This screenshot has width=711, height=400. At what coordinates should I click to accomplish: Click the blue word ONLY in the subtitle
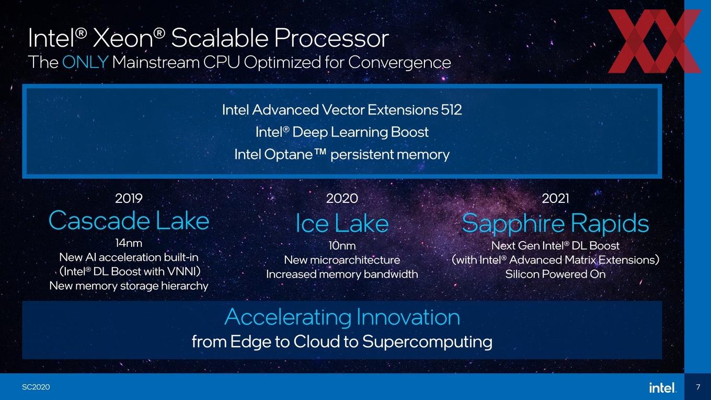pos(85,62)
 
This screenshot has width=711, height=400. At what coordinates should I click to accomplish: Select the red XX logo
pos(655,41)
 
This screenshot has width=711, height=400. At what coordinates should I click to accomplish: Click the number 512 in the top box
pos(451,110)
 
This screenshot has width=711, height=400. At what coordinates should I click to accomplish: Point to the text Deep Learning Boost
pos(360,132)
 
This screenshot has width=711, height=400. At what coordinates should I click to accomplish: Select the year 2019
pos(129,198)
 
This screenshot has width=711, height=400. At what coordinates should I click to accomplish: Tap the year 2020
pos(342,198)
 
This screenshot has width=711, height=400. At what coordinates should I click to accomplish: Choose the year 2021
pos(555,198)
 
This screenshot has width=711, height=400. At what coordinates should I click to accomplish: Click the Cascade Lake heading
pos(129,220)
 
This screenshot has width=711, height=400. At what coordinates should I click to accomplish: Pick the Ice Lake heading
pos(342,223)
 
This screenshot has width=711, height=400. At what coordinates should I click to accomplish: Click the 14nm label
pos(129,243)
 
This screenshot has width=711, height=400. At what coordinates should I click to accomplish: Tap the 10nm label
pos(342,246)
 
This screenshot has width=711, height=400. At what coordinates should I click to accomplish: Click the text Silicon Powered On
pos(555,274)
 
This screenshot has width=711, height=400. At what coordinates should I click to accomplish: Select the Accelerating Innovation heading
pos(342,317)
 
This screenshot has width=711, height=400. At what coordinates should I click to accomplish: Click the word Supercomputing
pos(427,342)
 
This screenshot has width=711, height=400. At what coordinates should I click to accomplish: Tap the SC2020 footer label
pos(36,387)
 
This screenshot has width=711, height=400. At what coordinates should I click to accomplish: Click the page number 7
pos(698,387)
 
